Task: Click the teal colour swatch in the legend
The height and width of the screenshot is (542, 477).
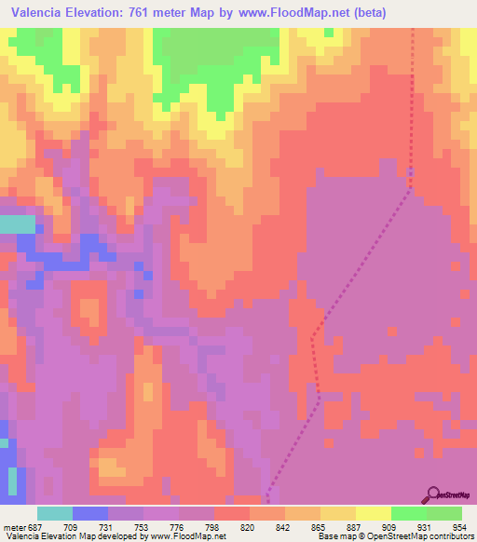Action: coord(55,513)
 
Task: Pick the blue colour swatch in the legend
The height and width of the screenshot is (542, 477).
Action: coord(90,513)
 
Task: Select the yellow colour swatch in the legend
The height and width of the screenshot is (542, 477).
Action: coord(374,513)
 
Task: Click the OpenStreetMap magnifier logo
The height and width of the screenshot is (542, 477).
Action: coord(432,494)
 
